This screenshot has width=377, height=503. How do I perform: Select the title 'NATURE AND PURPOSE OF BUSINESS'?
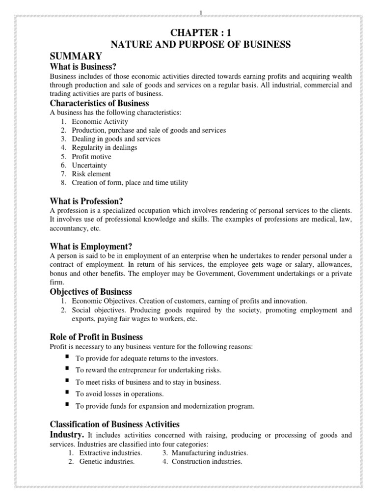[201, 45]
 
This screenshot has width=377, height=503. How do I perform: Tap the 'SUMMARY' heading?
[76, 56]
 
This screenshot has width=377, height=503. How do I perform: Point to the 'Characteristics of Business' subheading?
[99, 103]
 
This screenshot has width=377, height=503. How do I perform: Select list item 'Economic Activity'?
[100, 121]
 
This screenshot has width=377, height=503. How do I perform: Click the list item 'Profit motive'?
[91, 157]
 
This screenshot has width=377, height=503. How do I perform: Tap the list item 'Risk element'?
[91, 174]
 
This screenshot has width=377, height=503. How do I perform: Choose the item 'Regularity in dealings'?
[105, 147]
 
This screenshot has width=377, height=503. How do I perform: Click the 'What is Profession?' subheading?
[86, 201]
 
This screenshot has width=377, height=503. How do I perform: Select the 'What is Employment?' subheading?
[91, 246]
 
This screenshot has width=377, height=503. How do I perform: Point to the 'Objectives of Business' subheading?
[91, 292]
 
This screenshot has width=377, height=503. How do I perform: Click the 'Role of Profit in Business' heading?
[96, 337]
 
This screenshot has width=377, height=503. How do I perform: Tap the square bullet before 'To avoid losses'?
[66, 392]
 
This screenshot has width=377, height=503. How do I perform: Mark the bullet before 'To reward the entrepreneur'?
[66, 368]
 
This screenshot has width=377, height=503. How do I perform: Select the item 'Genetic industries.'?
[107, 462]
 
